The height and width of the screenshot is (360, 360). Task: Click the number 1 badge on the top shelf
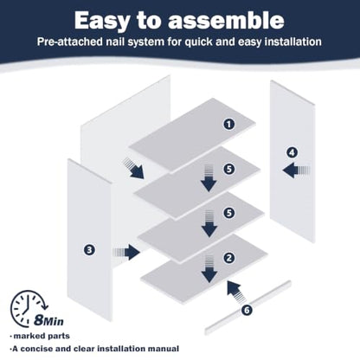tap(229, 125)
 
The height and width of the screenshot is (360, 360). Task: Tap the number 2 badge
tap(229, 258)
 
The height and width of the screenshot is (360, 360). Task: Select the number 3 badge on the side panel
tap(89, 249)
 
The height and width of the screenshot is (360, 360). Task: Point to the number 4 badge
tap(292, 152)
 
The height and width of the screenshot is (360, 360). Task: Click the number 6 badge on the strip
tap(247, 311)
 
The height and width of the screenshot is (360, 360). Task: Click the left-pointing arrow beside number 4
tap(296, 170)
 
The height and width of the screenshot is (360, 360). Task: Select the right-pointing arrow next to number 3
tap(126, 252)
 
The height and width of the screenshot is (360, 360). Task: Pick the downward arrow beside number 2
tap(209, 268)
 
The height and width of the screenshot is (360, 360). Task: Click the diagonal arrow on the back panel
tap(133, 168)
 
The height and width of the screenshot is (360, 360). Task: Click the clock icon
tap(28, 309)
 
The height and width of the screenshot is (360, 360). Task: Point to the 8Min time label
tap(48, 320)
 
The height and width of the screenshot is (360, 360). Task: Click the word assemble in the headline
tap(226, 21)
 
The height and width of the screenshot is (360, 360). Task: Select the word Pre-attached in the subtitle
tap(70, 42)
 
